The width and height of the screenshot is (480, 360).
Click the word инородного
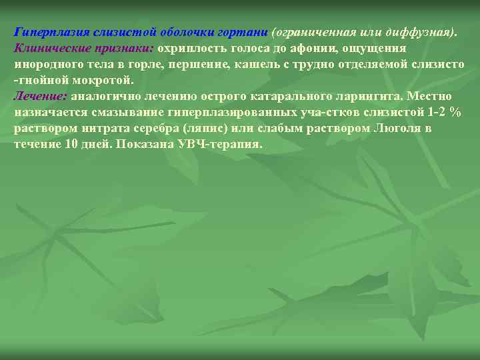(47, 65)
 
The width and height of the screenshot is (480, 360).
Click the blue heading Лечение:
(40, 96)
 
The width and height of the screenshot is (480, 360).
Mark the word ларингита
(369, 96)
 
